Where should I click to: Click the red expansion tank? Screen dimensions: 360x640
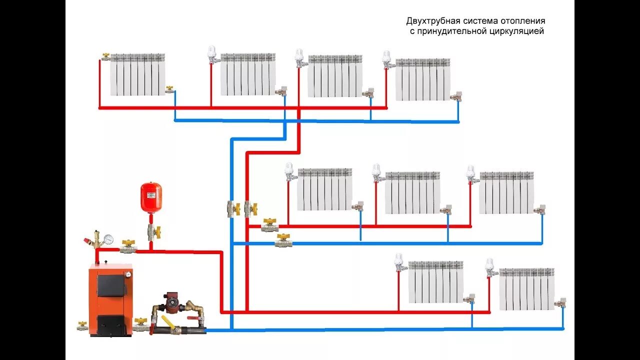coord(151,193)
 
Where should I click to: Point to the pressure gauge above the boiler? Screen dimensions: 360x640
coord(109,239)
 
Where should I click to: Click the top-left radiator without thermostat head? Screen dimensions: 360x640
coord(137,75)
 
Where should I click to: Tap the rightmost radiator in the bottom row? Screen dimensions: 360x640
coord(526,289)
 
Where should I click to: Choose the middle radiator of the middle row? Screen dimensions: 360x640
coord(412,193)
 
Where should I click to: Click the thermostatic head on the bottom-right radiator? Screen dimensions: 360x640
coord(490,263)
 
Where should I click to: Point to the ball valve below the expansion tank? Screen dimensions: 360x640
coord(152,231)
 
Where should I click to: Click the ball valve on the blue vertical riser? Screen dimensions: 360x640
coord(231,208)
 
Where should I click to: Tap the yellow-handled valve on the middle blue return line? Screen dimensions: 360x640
coord(282,242)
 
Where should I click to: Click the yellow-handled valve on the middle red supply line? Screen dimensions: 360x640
coord(269,225)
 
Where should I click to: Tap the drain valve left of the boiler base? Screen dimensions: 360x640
coord(81,326)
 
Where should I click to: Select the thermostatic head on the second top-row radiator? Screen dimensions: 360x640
coord(212,52)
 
